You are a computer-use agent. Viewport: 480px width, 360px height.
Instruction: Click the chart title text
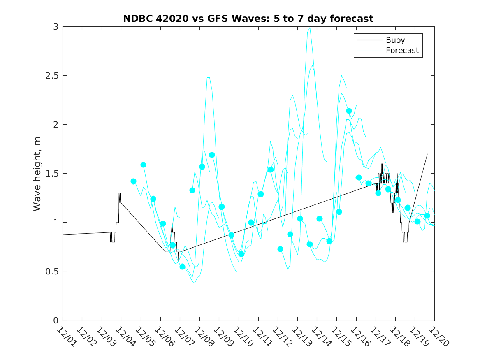pyautogui.click(x=248, y=19)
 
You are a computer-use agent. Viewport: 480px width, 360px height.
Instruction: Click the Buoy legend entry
pyautogui.click(x=395, y=40)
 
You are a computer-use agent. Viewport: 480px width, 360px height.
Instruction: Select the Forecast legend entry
pyautogui.click(x=402, y=51)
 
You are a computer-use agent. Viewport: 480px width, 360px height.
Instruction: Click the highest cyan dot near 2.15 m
pyautogui.click(x=349, y=111)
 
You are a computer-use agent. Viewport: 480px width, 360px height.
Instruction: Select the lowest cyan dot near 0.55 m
pyautogui.click(x=182, y=267)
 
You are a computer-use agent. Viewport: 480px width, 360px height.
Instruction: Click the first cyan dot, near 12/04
pyautogui.click(x=133, y=181)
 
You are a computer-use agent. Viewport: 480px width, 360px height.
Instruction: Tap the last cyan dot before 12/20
pyautogui.click(x=427, y=216)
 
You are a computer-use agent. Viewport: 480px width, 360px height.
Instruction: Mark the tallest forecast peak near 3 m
pyautogui.click(x=309, y=28)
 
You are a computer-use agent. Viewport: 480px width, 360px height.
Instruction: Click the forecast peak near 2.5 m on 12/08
pyautogui.click(x=208, y=77)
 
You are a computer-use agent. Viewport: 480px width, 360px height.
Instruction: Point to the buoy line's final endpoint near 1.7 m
pyautogui.click(x=427, y=154)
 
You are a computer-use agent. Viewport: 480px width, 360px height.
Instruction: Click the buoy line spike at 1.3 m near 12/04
pyautogui.click(x=119, y=193)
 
